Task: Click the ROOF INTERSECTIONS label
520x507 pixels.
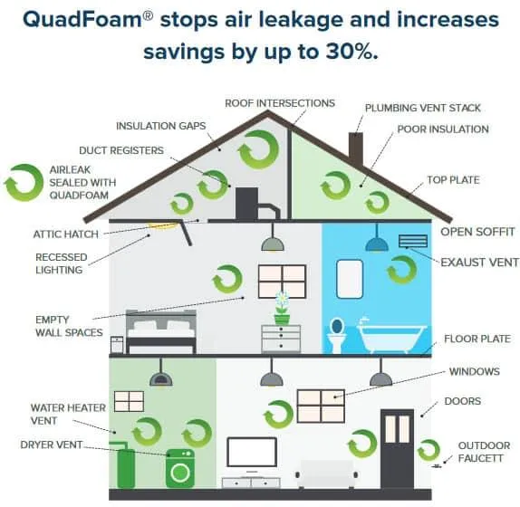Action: click(x=280, y=103)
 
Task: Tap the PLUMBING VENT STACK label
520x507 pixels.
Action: click(x=422, y=108)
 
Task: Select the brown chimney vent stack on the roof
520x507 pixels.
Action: click(x=355, y=150)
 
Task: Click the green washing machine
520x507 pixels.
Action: click(x=179, y=468)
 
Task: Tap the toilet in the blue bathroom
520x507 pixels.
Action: click(x=337, y=335)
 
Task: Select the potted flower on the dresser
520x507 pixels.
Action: click(x=282, y=308)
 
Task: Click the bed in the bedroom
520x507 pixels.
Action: click(x=161, y=332)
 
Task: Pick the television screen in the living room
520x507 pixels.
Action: click(x=252, y=452)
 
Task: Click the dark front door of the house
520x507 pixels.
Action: click(x=397, y=449)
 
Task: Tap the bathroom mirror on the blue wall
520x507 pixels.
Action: click(x=350, y=279)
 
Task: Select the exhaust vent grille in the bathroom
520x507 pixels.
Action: click(x=413, y=241)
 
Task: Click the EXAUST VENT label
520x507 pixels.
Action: click(x=479, y=263)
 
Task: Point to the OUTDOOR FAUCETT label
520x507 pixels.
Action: click(x=484, y=452)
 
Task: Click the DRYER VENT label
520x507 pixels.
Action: click(x=51, y=445)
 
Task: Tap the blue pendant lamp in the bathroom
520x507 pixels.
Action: click(x=377, y=241)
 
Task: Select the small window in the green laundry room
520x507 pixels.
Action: click(x=129, y=401)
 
